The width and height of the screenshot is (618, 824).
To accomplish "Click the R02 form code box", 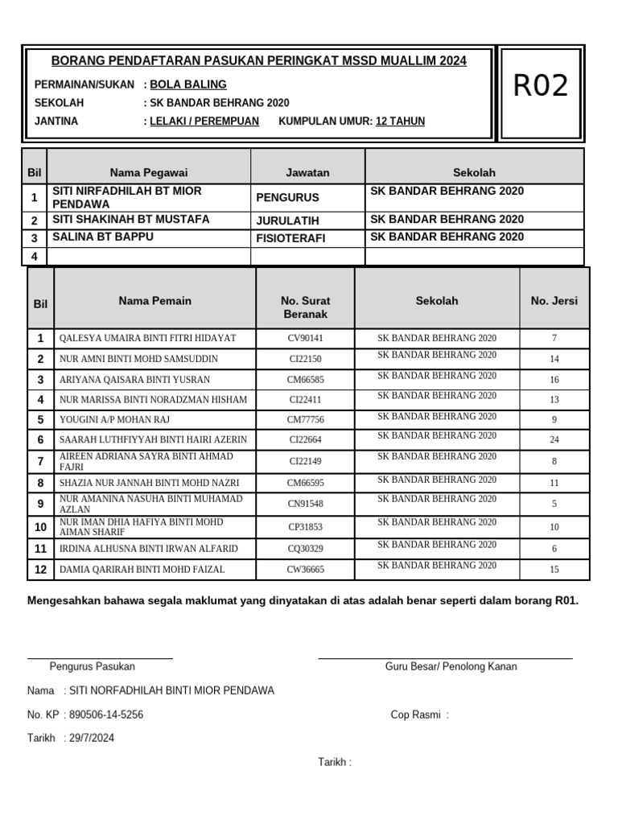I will point(541,85).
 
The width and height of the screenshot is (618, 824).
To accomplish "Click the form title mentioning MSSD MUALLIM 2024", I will point(258,61).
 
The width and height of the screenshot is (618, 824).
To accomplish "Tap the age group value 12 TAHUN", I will point(400,122).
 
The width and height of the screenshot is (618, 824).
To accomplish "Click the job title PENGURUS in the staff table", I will point(287,197).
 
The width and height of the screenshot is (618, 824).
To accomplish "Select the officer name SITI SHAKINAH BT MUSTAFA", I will point(130,219).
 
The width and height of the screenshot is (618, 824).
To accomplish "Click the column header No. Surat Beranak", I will point(305,307).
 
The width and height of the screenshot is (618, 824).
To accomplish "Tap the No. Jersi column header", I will point(554,301).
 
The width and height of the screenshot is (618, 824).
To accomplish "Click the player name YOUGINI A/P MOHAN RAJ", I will point(115,420).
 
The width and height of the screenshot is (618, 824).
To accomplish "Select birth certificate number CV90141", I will point(305,338).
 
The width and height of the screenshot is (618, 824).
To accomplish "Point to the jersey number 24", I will point(554,440).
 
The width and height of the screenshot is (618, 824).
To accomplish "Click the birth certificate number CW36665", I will point(305,570).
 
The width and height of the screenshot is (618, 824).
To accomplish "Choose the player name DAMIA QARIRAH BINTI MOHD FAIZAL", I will point(142,570).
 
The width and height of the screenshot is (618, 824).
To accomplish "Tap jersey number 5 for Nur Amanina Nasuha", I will point(554,505).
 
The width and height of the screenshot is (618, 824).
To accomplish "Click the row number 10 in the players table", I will point(40,528).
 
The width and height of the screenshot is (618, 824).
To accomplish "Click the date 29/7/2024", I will point(92,738).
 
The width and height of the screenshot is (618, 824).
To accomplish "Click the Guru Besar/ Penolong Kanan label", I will point(451,666).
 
